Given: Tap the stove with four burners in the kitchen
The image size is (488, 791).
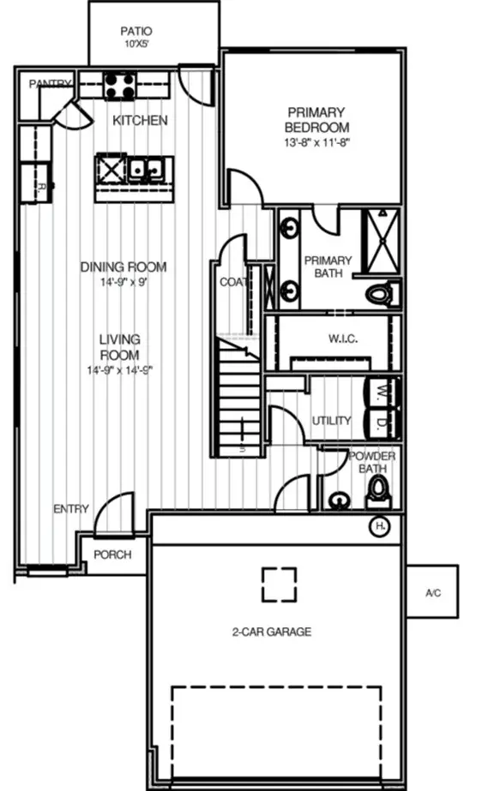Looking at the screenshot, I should click(x=120, y=86).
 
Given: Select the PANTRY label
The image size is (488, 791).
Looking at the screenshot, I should click(x=49, y=83).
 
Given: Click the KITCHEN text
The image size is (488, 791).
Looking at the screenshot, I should click(x=140, y=121).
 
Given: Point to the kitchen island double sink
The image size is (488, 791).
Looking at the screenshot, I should click(x=145, y=169).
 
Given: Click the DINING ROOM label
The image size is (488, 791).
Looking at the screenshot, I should click(x=124, y=267).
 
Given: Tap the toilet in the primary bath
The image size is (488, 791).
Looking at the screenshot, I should click(x=382, y=294).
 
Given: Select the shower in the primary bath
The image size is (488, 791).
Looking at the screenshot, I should click(x=380, y=239).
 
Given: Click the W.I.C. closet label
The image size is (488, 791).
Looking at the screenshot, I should click(x=342, y=339).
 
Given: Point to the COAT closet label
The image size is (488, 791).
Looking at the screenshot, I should click(x=233, y=282).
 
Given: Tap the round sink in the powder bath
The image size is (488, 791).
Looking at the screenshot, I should click(x=340, y=499).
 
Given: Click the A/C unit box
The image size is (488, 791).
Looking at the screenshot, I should click(x=432, y=592).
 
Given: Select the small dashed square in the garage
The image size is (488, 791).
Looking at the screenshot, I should click(x=279, y=585).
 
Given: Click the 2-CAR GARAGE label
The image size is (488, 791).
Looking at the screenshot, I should click(x=271, y=632).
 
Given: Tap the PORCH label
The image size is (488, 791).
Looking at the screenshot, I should click(x=112, y=554).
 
